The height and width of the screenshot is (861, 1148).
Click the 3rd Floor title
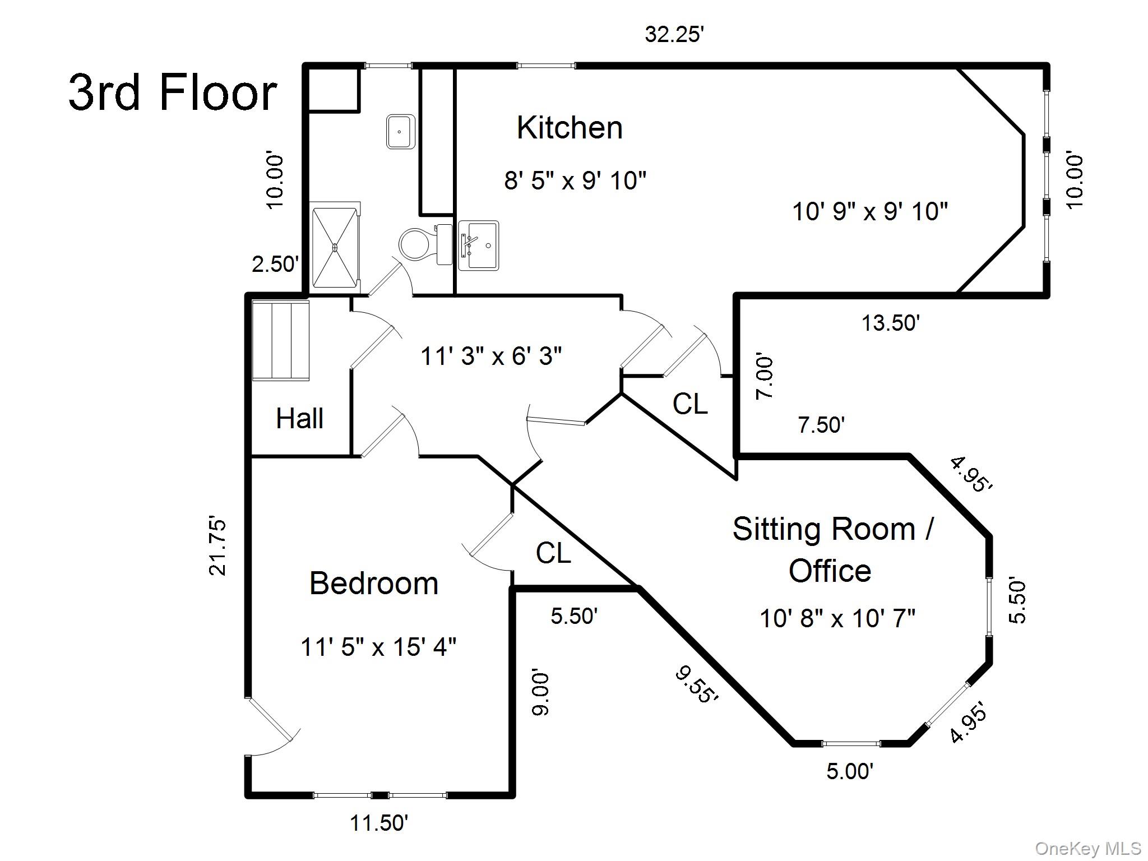tap(173, 93)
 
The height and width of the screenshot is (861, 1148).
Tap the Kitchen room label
tap(570, 128)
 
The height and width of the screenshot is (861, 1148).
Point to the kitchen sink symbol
tap(479, 246)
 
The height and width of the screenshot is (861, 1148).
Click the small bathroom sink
tap(400, 132)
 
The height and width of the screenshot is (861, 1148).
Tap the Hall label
tap(300, 419)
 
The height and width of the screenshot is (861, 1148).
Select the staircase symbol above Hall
tap(280, 340)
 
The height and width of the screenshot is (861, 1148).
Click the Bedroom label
tap(374, 584)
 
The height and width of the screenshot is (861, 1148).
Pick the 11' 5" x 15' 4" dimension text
tap(378, 647)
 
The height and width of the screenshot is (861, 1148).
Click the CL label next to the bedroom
tap(553, 553)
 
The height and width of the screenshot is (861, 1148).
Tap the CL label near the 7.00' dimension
tap(690, 404)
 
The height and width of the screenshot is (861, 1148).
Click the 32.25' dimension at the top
tap(674, 35)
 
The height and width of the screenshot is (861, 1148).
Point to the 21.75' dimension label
tap(218, 547)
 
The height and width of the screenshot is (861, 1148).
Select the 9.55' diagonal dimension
tap(697, 684)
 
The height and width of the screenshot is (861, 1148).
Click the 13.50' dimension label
tap(891, 323)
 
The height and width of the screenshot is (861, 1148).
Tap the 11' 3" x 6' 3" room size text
tap(491, 356)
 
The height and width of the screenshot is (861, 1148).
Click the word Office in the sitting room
tap(830, 571)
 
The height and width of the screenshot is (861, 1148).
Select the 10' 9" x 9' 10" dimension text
tap(870, 212)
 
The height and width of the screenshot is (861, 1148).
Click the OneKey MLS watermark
tap(1088, 848)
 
